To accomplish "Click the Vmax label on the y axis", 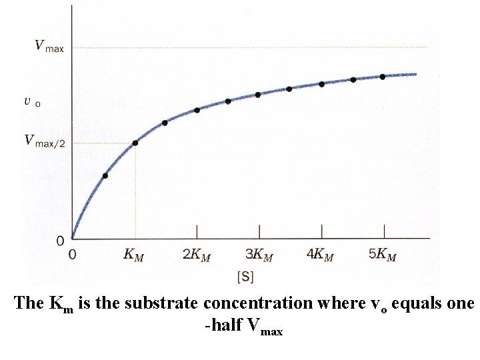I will [x=49, y=47].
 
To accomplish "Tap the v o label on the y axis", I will [x=32, y=102].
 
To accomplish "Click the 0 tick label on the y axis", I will [x=60, y=240].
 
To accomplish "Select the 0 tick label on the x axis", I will [x=72, y=255].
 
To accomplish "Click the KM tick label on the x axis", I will [x=135, y=255].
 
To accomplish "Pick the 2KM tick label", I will [x=197, y=255].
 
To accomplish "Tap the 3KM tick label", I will [x=259, y=255].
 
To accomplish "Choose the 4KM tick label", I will [x=321, y=255].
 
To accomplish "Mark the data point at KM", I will [x=135, y=143].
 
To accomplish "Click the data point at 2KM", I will [x=197, y=110].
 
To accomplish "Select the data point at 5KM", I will [x=383, y=77].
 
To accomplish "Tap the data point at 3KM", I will [x=258, y=95].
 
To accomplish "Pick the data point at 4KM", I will [x=321, y=84].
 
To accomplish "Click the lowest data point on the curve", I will [x=105, y=176].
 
